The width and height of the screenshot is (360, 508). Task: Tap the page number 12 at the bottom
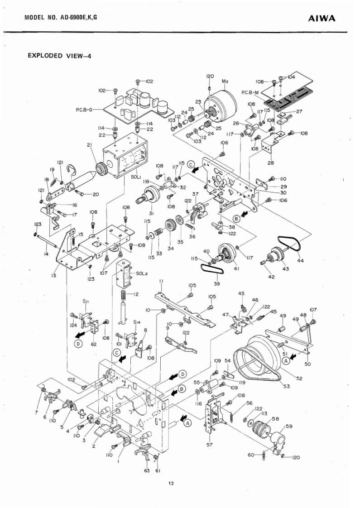tap(171, 484)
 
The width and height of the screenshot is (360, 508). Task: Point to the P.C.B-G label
tap(84, 109)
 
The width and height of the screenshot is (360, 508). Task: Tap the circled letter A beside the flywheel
tap(286, 360)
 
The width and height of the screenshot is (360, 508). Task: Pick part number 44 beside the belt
tap(301, 261)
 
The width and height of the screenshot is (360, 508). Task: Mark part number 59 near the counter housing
tap(289, 426)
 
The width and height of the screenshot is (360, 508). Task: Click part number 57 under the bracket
tap(210, 445)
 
